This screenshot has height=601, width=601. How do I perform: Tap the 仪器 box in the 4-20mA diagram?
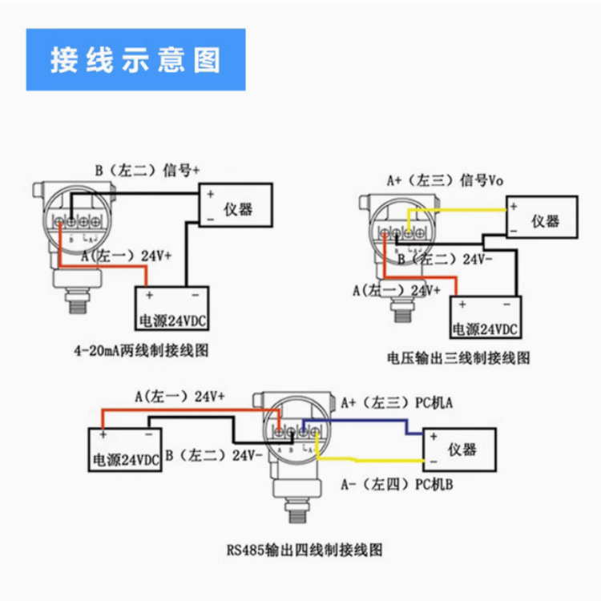(x=236, y=207)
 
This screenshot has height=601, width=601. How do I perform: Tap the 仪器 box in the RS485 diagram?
(x=460, y=449)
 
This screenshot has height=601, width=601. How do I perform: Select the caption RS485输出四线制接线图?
(x=305, y=550)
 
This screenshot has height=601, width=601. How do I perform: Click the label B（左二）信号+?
(x=147, y=170)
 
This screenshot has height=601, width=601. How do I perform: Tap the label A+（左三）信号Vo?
(x=445, y=180)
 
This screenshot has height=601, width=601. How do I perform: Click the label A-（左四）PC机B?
(x=397, y=485)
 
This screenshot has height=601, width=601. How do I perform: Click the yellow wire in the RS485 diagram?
(x=369, y=459)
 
